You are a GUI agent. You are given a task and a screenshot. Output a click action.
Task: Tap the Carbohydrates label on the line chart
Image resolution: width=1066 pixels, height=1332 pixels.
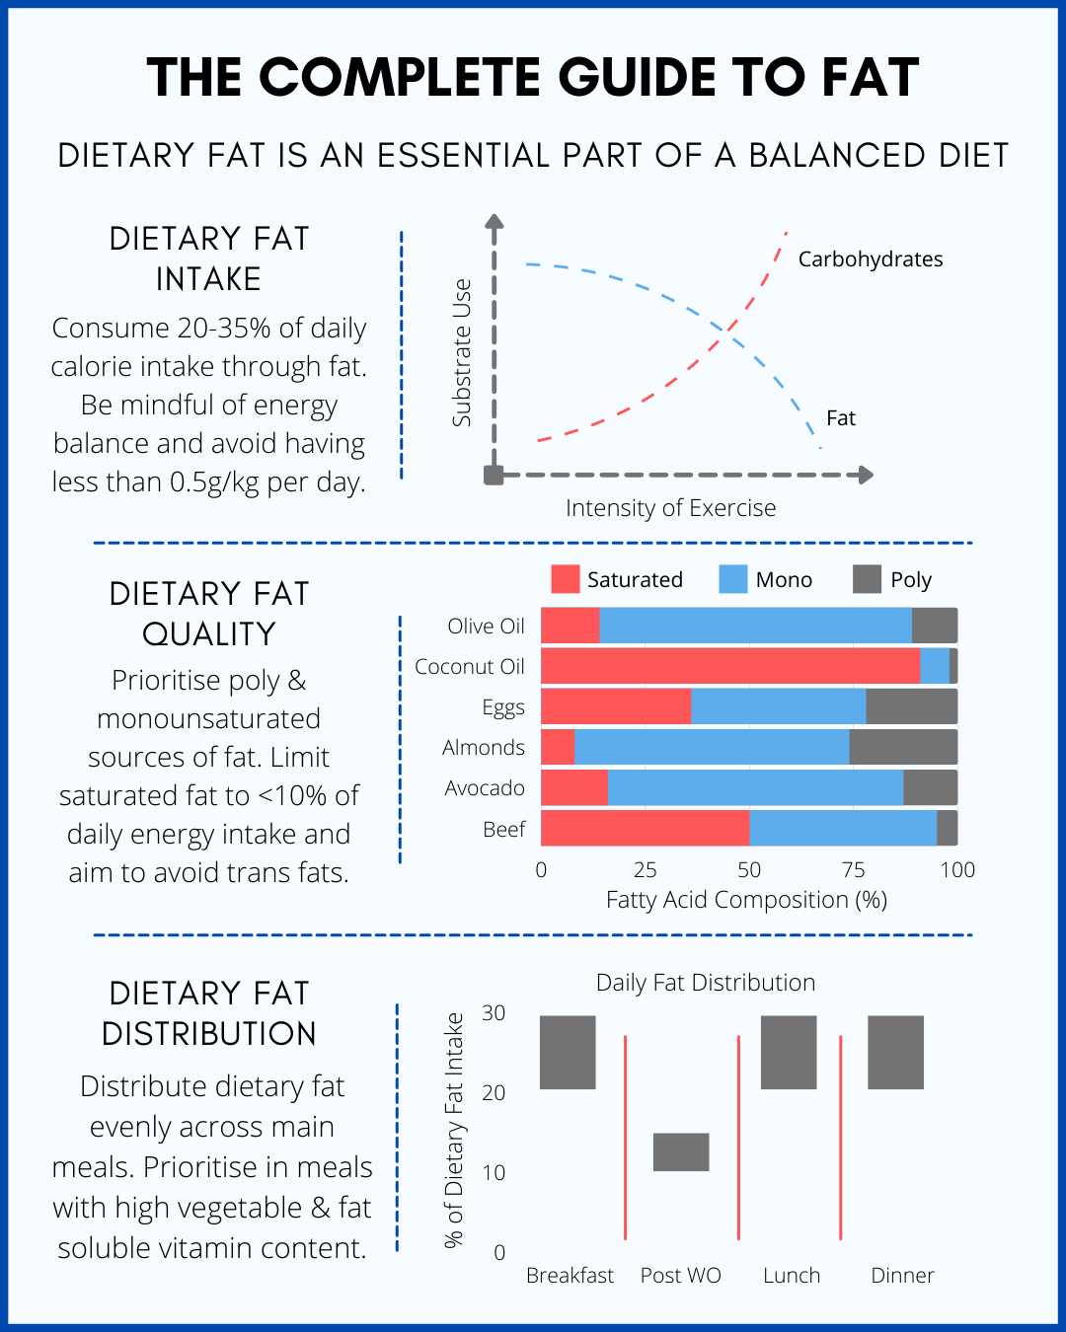tap(870, 259)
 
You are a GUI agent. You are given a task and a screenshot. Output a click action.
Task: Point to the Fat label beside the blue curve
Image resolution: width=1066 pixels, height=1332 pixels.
tap(840, 418)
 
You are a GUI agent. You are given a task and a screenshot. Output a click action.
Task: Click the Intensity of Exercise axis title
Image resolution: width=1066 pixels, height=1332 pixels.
tap(670, 508)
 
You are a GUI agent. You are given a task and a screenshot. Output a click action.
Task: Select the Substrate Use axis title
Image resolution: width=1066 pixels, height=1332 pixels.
tap(462, 353)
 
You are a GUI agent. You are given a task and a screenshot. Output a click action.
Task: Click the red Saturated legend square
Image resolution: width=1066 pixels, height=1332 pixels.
tap(566, 579)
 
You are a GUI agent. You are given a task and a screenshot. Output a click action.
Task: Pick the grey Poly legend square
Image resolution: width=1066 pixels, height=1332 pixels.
tap(867, 579)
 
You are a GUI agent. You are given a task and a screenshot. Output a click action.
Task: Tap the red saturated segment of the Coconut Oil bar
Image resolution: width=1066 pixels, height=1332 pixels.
tap(730, 667)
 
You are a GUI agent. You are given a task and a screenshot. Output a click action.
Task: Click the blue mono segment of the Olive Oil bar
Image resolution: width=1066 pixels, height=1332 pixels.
tap(755, 627)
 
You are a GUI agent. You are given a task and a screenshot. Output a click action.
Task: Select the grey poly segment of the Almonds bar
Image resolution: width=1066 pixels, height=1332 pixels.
tap(903, 748)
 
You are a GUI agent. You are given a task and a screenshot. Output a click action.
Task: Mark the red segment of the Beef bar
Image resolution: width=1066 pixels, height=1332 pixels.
tap(645, 829)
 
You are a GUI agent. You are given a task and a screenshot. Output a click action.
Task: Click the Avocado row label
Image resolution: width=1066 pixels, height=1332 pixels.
tap(484, 788)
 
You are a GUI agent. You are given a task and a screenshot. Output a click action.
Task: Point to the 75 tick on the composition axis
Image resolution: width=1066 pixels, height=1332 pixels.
tap(853, 870)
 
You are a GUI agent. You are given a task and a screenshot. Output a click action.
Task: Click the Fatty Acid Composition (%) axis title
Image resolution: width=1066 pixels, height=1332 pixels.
tap(746, 900)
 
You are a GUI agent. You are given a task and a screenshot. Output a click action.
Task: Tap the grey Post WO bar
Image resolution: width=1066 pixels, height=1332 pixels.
tap(681, 1152)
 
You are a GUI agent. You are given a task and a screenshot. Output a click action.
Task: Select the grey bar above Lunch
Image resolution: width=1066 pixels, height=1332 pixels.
tap(789, 1053)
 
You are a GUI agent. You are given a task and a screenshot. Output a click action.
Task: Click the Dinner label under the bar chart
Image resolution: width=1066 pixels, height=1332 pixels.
tap(902, 1276)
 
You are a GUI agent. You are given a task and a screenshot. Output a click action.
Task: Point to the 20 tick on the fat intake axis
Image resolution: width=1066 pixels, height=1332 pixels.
tap(494, 1093)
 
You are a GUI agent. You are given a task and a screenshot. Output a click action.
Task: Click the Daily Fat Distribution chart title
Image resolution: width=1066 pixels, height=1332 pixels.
tap(706, 983)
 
